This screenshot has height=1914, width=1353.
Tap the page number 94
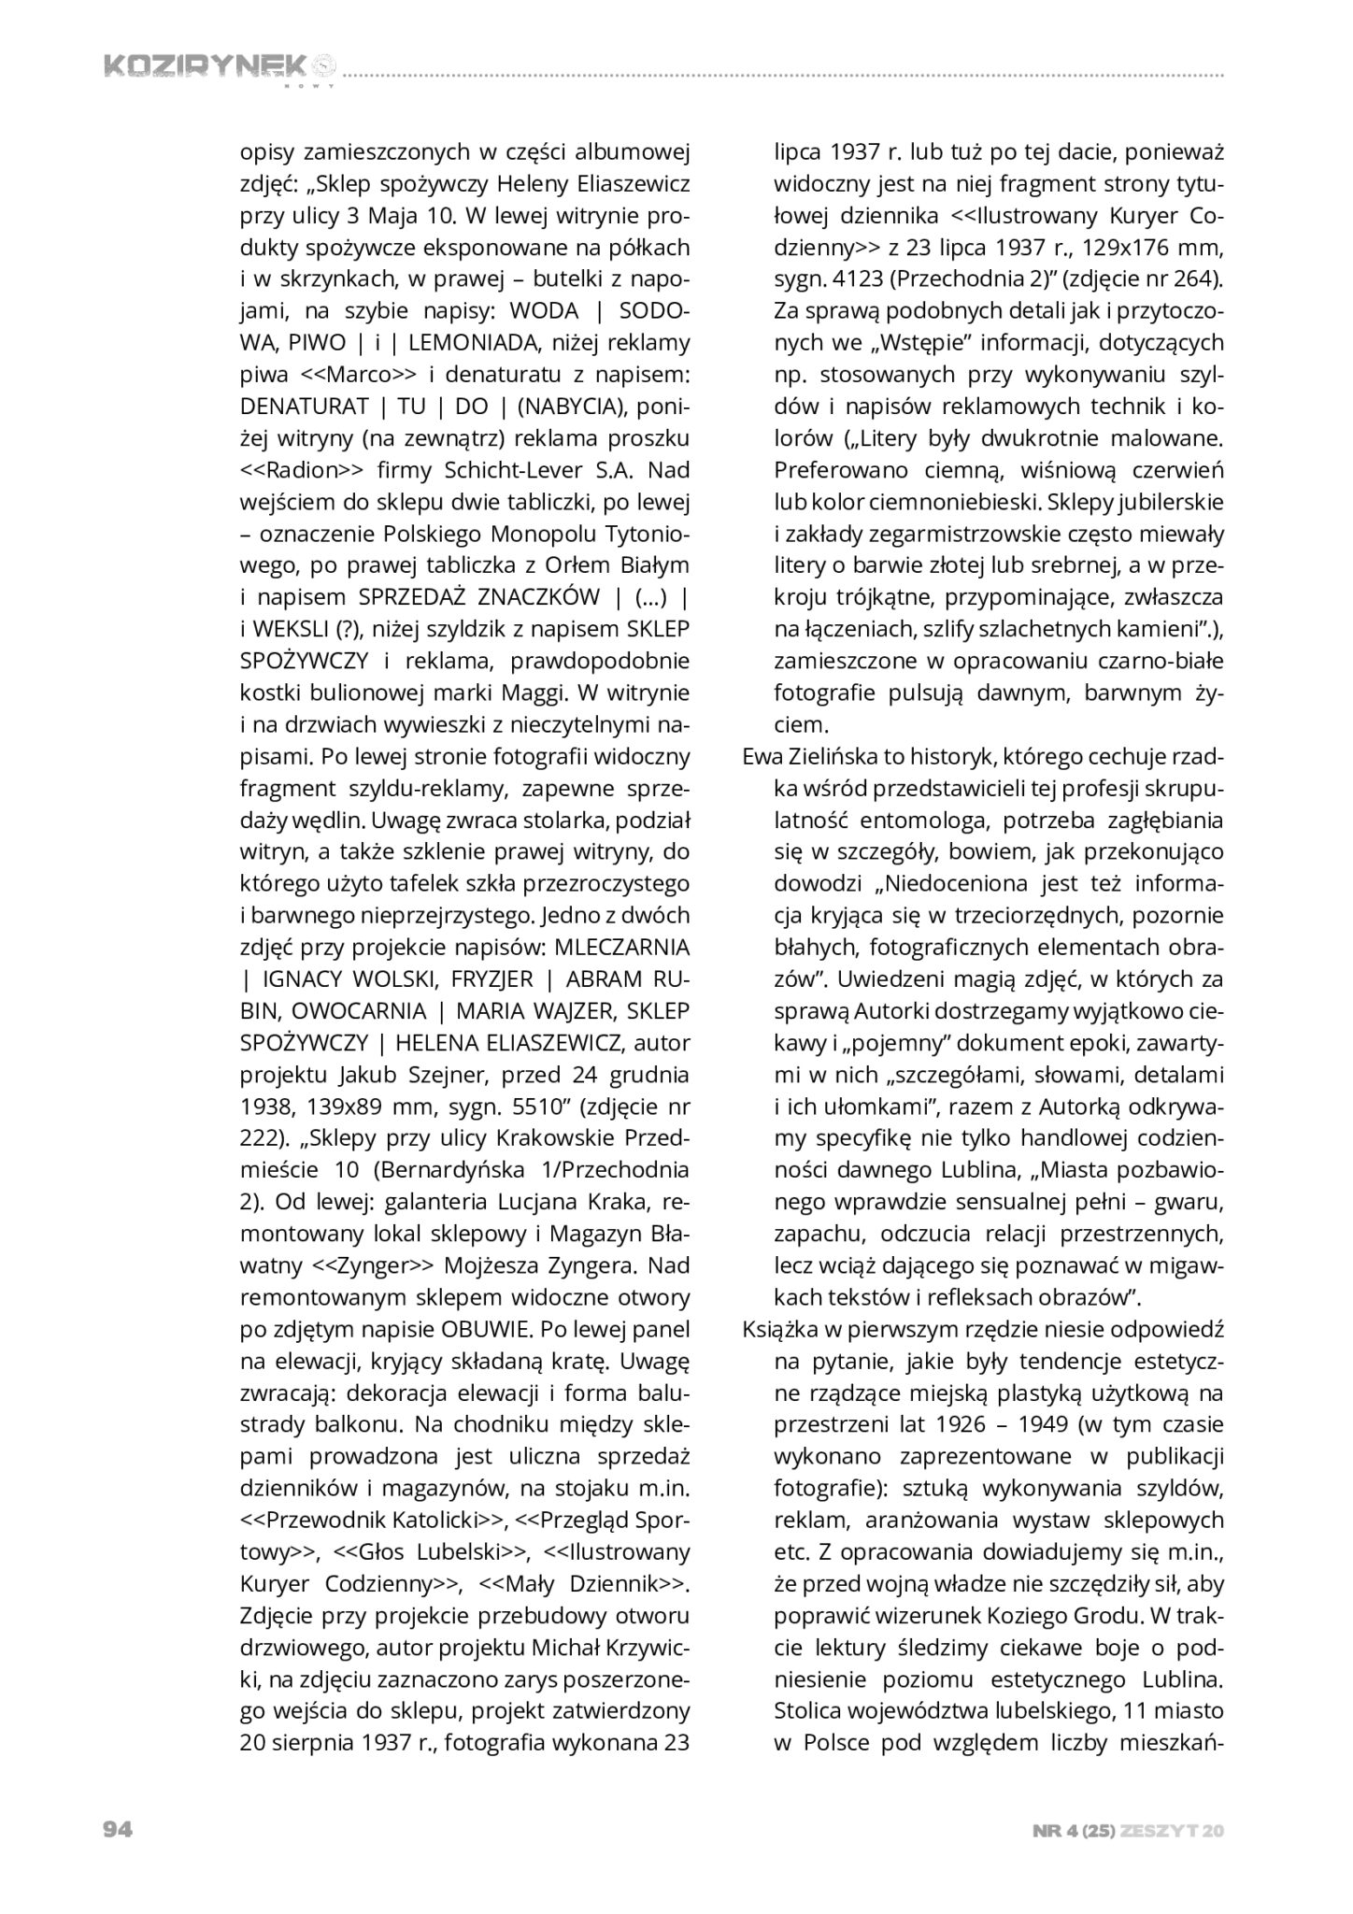[117, 1829]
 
